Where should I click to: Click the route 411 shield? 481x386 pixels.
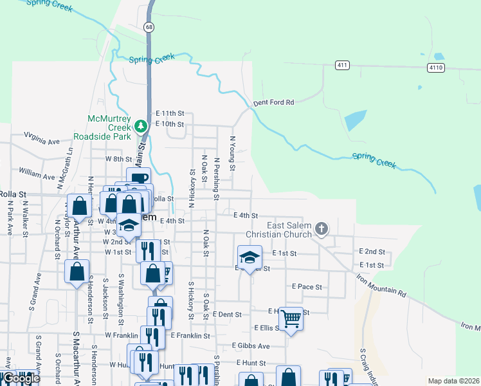[x=342, y=65]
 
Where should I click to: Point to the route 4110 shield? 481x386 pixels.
[x=435, y=67]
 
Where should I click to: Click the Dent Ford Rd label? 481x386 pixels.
[x=273, y=102]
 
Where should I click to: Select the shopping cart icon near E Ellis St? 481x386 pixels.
[x=291, y=318]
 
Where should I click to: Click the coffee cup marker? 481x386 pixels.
[x=138, y=178]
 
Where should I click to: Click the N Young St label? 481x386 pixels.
[x=233, y=153]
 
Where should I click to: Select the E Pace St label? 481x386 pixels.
[x=307, y=286]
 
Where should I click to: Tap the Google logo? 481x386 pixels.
[x=21, y=378]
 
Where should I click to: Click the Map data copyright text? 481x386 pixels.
[x=453, y=381]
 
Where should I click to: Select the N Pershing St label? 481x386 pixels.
[x=217, y=173]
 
